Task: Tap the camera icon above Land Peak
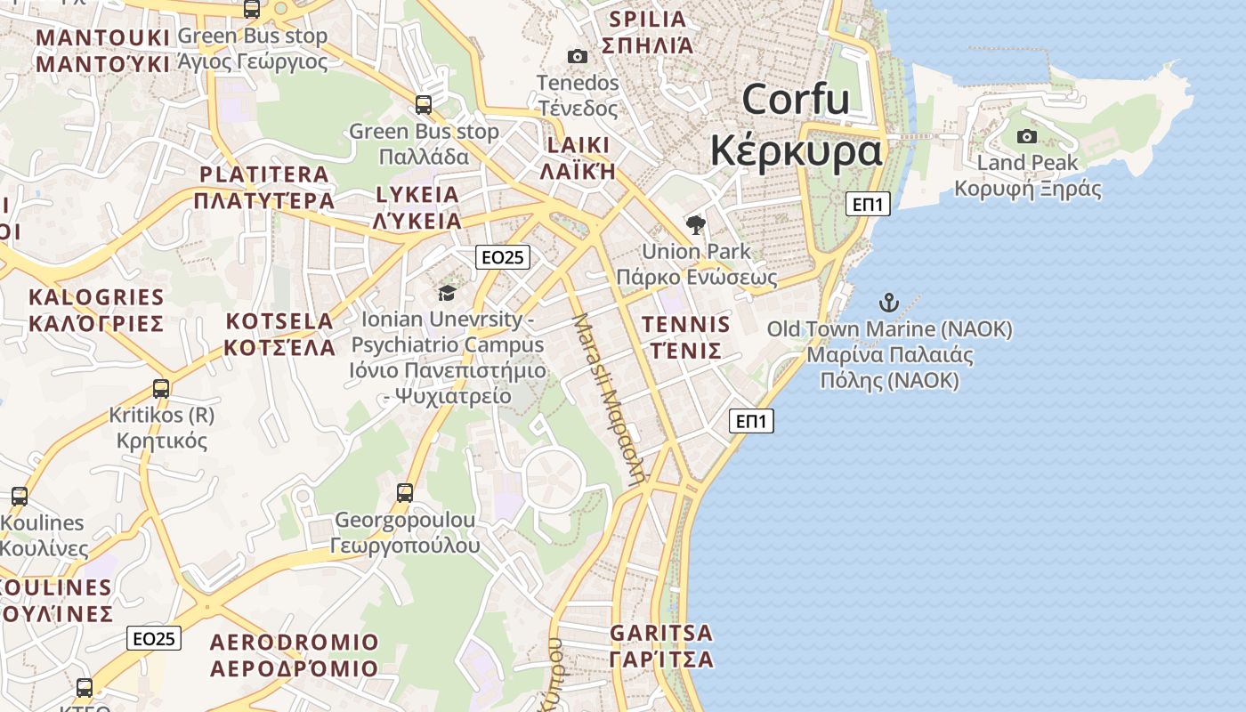1027,136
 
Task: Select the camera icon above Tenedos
578,57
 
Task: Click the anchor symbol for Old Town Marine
888,303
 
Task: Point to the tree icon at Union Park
696,224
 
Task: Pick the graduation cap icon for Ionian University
447,292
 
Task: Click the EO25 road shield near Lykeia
503,257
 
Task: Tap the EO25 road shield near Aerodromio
154,638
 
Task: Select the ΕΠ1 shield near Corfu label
867,204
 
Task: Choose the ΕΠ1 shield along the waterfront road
751,421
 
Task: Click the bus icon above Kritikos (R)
161,389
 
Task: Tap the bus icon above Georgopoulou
405,492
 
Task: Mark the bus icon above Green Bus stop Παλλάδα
424,105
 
